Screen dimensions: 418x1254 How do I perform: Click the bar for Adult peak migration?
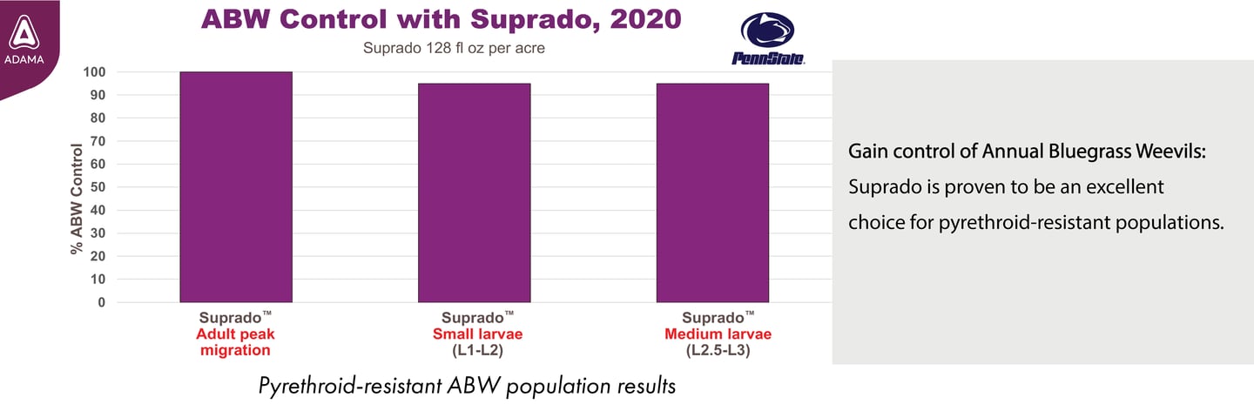(x=236, y=187)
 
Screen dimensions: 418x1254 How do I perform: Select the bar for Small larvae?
(x=474, y=192)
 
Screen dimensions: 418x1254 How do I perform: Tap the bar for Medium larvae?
(x=712, y=192)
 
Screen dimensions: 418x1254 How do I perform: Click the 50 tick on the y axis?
(x=98, y=187)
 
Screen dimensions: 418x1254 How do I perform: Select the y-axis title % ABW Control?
(x=77, y=199)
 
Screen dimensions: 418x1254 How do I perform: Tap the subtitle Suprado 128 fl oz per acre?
(x=454, y=48)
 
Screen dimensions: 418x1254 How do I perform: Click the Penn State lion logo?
(x=767, y=38)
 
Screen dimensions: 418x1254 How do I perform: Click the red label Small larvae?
(x=473, y=334)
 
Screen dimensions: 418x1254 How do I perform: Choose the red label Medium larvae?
(x=718, y=334)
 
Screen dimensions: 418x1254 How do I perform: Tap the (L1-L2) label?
(x=473, y=351)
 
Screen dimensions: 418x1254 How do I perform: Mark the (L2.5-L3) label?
(x=718, y=351)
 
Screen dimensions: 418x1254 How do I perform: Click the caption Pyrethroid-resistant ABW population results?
(x=467, y=386)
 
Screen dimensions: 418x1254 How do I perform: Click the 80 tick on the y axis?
(x=98, y=118)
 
